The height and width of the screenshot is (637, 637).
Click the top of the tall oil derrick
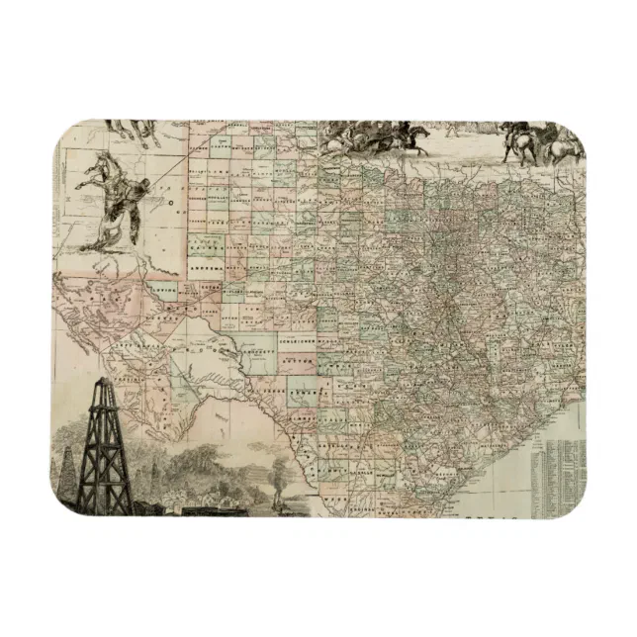pos(102,381)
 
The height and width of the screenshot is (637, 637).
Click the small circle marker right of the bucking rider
pos(171,209)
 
